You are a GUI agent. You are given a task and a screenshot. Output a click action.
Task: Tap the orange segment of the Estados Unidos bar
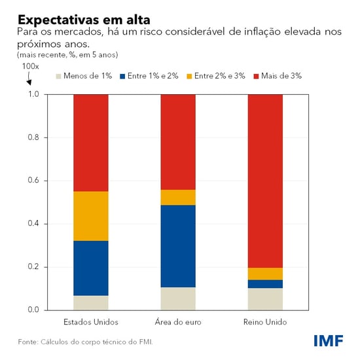point(90,216)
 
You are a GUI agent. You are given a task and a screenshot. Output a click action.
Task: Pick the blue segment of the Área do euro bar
point(178,246)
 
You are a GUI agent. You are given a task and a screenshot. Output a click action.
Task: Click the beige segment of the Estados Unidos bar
point(90,302)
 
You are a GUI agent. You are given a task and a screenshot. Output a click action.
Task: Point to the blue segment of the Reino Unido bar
point(265,283)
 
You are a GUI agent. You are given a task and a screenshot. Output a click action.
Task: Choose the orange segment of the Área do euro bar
point(178,197)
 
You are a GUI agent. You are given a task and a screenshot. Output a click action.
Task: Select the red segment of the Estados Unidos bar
point(90,143)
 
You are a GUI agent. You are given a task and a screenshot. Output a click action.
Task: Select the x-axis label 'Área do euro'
point(178,322)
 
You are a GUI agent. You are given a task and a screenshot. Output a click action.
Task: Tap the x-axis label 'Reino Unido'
point(265,322)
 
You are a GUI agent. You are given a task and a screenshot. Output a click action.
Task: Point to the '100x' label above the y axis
point(31,66)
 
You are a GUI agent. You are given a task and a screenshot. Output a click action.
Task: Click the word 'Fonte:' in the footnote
point(28,342)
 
